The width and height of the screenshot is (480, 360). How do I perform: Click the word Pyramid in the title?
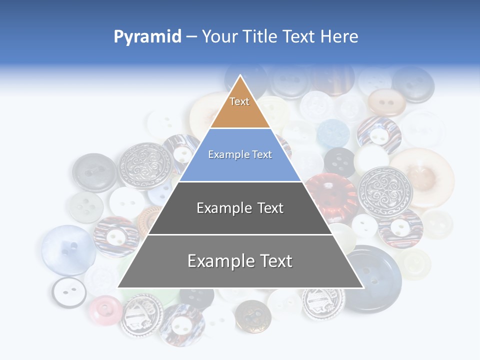pos(147,36)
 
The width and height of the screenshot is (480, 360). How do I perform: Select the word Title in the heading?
pos(260,36)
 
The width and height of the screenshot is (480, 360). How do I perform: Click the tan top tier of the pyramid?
pos(240,107)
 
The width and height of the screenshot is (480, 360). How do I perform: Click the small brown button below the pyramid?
pos(253,315)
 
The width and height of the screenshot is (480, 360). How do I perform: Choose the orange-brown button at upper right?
pos(386,102)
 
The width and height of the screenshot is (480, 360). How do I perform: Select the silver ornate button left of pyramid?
pos(144,165)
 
